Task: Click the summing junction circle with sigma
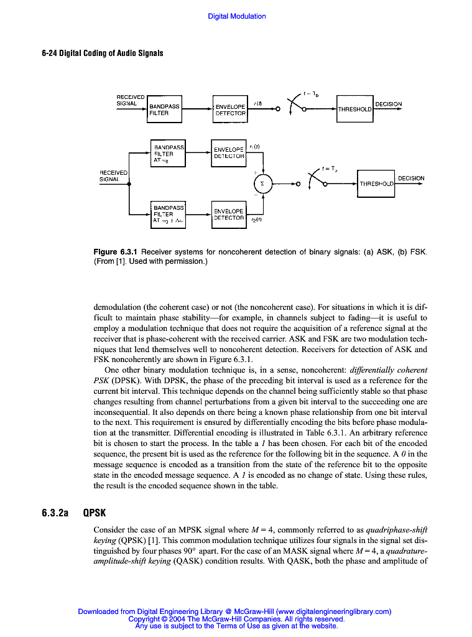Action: point(262,184)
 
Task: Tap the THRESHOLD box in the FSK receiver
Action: point(376,184)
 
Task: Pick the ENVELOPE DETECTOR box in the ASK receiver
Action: point(230,110)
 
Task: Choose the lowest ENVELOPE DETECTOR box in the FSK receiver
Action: point(229,215)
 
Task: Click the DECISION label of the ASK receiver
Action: point(388,104)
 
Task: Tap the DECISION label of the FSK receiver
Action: point(411,179)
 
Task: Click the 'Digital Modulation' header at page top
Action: point(236,16)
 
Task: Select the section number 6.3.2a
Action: point(55,513)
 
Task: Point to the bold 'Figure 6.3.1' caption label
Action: point(116,252)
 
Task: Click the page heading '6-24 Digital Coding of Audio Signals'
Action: point(103,53)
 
